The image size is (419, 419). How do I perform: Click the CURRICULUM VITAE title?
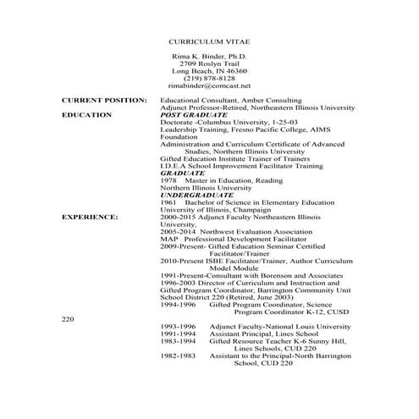(x=209, y=41)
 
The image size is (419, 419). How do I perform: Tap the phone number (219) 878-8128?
(x=209, y=78)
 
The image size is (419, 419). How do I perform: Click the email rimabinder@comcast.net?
(x=209, y=85)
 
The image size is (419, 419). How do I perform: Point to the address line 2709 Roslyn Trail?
(x=208, y=63)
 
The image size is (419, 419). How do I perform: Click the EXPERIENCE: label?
(x=90, y=216)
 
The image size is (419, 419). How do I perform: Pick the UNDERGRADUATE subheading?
(x=197, y=194)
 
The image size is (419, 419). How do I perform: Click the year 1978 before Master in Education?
(x=168, y=179)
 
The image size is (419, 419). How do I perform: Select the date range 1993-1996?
(x=178, y=326)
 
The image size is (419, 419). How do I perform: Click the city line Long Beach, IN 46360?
(x=208, y=70)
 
